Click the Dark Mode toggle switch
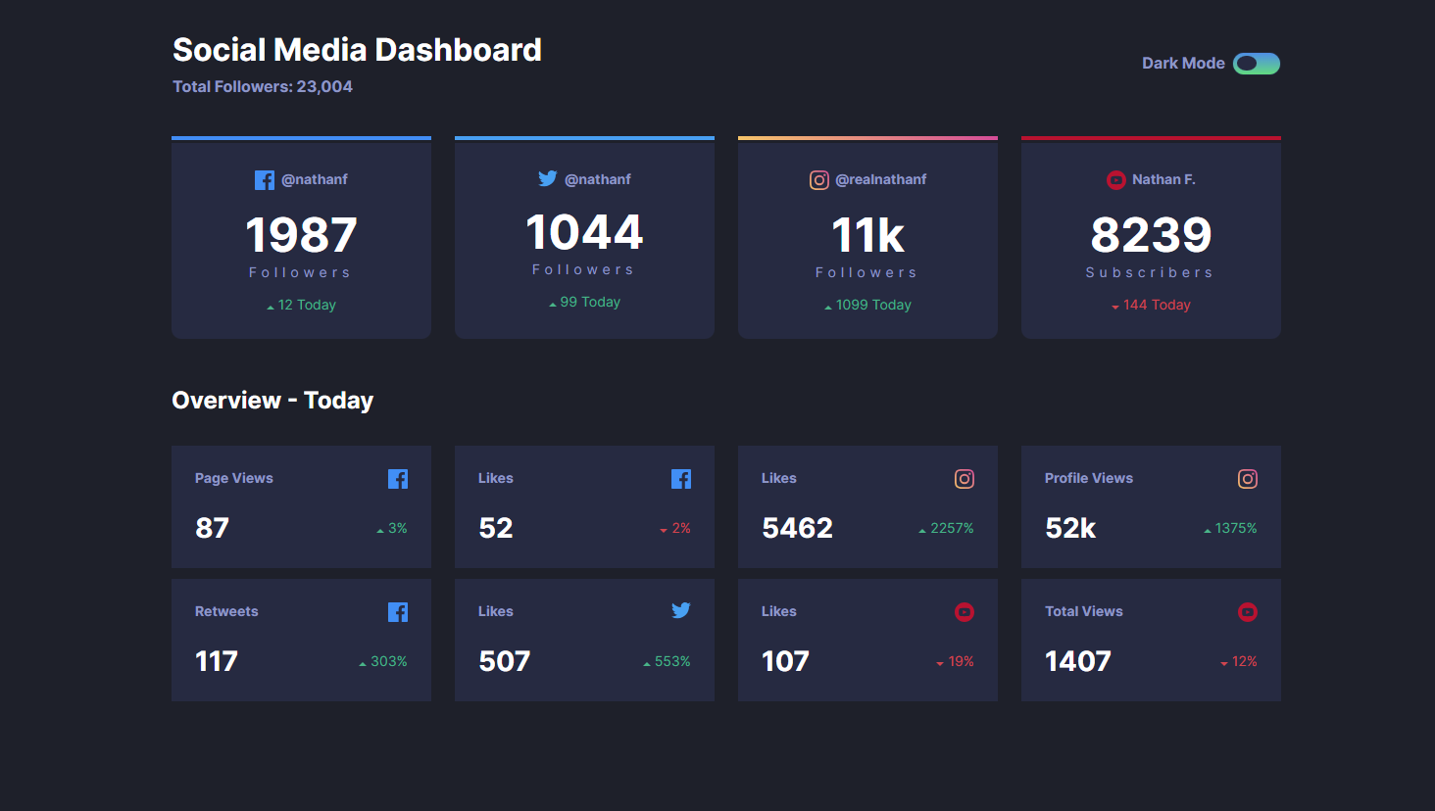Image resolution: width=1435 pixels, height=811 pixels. click(x=1256, y=64)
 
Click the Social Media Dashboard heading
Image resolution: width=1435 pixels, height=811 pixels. click(x=357, y=50)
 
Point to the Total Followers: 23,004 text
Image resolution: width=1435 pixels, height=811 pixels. click(x=263, y=86)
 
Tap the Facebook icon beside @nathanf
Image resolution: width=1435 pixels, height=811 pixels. click(x=265, y=180)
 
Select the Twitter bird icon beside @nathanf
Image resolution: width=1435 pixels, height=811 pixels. click(x=547, y=178)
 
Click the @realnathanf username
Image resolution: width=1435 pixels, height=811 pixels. click(x=880, y=179)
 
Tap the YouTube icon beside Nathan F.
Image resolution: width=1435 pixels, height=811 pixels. click(x=1115, y=180)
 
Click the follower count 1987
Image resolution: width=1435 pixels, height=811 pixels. click(x=301, y=235)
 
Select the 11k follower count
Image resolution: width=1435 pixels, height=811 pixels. click(x=867, y=235)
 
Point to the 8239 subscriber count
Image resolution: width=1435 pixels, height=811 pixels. click(x=1151, y=235)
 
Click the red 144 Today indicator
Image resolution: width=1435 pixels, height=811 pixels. click(x=1151, y=305)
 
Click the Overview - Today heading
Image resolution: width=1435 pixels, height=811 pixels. click(x=272, y=401)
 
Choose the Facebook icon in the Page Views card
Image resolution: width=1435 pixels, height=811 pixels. click(x=397, y=479)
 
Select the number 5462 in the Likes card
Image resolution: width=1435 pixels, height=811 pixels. click(x=797, y=528)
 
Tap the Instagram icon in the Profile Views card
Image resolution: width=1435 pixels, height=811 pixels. click(x=1247, y=479)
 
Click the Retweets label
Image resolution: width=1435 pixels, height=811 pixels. click(x=226, y=611)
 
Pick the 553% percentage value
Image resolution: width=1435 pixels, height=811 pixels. click(x=671, y=661)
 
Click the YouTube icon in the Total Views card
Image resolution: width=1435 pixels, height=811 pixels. click(x=1247, y=612)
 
